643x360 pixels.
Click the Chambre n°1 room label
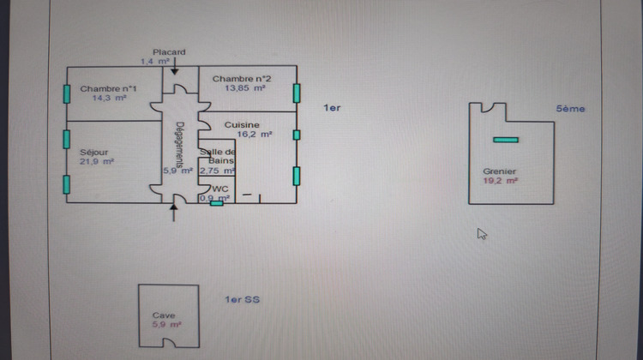tap(108, 88)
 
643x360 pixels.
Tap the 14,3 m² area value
tap(108, 99)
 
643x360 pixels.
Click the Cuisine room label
tap(241, 124)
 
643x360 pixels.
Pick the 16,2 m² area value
tap(254, 135)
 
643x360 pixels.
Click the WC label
tap(220, 189)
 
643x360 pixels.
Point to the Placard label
tap(169, 52)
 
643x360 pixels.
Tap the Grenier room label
tap(500, 171)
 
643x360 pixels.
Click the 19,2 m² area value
tap(500, 181)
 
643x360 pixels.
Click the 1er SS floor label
tap(242, 299)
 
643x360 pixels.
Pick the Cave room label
tap(163, 315)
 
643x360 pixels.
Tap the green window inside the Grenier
tap(506, 139)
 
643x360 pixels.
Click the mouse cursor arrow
tap(482, 233)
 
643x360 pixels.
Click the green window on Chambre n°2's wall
tap(297, 92)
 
